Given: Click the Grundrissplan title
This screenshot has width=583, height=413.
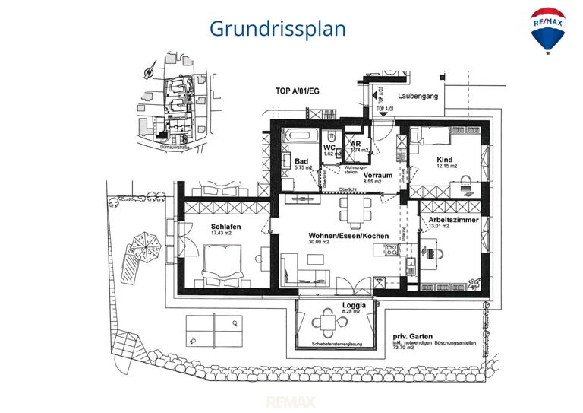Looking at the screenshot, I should pos(277,29).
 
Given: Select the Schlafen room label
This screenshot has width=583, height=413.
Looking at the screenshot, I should pos(226,227).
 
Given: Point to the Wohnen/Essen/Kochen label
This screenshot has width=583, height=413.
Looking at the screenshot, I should pos(348,236).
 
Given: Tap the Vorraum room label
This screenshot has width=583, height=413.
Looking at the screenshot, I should pos(377,175).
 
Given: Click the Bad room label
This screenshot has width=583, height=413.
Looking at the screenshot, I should pos(301,161).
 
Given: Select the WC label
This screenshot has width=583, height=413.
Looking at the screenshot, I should pos(329,148).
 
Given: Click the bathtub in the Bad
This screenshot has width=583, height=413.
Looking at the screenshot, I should pos(301,137).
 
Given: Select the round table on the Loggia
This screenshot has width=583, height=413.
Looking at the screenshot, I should pos(327,321).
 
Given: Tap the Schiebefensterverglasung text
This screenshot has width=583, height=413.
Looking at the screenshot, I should pos(336,345).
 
